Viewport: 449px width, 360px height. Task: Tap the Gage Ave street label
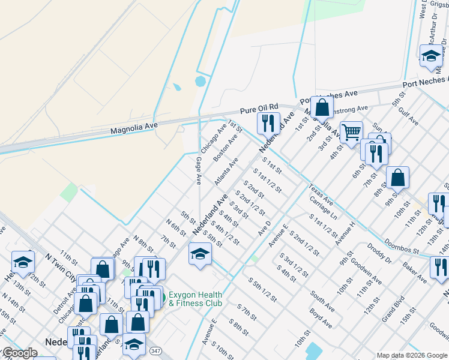click(x=199, y=170)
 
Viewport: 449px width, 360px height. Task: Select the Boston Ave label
click(x=226, y=147)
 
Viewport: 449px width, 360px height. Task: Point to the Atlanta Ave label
click(x=226, y=172)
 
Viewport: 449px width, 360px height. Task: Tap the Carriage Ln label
click(x=324, y=207)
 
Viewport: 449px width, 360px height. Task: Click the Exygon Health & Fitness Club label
click(x=195, y=299)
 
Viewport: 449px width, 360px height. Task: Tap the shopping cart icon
click(x=351, y=131)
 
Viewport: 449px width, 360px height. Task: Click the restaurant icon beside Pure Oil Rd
click(x=268, y=123)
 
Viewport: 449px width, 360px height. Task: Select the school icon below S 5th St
click(x=200, y=253)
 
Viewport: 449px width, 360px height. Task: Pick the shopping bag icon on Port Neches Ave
click(x=322, y=108)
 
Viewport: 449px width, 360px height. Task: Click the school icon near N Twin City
click(x=23, y=261)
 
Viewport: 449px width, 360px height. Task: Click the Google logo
click(x=19, y=353)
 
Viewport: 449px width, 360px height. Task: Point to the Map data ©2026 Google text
click(x=411, y=355)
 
